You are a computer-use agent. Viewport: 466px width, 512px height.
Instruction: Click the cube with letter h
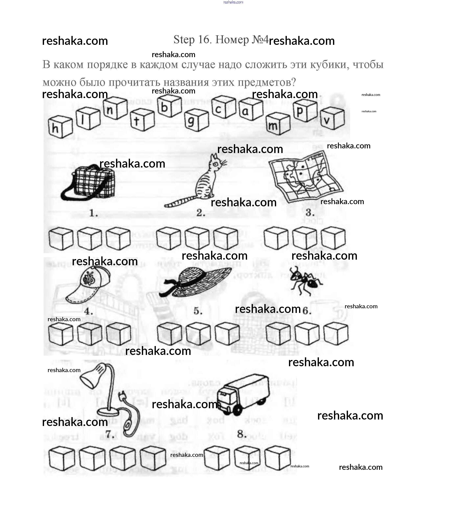[60, 127]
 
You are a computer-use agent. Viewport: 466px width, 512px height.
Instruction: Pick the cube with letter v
[332, 118]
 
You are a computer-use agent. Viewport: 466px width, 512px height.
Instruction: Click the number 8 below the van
[241, 434]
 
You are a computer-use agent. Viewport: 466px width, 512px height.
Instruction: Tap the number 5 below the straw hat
[198, 311]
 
